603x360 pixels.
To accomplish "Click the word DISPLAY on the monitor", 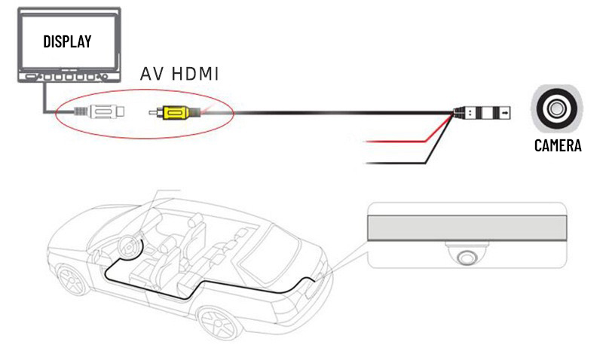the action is pyautogui.click(x=67, y=41).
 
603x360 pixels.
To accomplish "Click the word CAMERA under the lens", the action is pyautogui.click(x=558, y=145).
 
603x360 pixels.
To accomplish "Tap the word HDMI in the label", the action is pyautogui.click(x=195, y=74).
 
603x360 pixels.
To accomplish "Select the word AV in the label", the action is pyautogui.click(x=152, y=74).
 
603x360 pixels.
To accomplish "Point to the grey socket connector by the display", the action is pyautogui.click(x=100, y=112).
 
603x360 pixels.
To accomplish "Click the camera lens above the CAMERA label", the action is pyautogui.click(x=556, y=108).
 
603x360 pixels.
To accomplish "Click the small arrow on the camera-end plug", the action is pyautogui.click(x=505, y=113).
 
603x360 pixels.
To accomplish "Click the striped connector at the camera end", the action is pyautogui.click(x=482, y=113).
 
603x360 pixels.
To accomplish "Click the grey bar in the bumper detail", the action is pyautogui.click(x=467, y=228).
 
